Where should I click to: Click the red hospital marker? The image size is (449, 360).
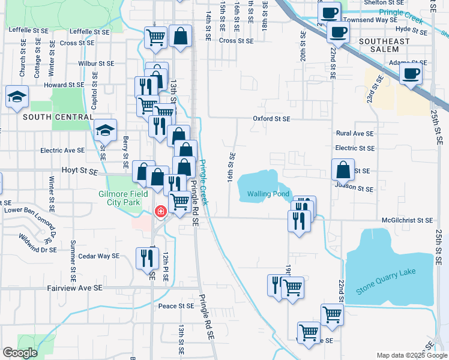160,211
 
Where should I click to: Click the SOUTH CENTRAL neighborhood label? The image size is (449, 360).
50,117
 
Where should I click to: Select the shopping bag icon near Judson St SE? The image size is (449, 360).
343,170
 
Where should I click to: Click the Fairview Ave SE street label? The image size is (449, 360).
75,289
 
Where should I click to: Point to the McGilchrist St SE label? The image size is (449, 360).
406,221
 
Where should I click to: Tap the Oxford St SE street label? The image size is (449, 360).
271,119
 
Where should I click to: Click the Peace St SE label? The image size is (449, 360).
176,306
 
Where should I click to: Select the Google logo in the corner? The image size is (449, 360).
20,353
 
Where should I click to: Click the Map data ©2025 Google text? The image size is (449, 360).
411,356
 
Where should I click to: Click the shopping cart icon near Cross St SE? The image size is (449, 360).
156,37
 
